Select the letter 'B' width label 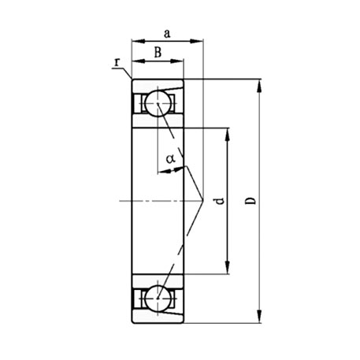point(158,53)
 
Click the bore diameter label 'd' point(220,202)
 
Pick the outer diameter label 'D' point(250,201)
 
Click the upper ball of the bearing point(158,104)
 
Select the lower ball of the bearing point(158,299)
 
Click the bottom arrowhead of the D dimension point(260,317)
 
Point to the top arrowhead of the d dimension point(228,132)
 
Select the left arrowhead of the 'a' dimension point(135,41)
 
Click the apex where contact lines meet point(203,201)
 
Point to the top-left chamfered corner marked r point(132,80)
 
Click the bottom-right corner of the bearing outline point(185,321)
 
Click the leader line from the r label point(124,72)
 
